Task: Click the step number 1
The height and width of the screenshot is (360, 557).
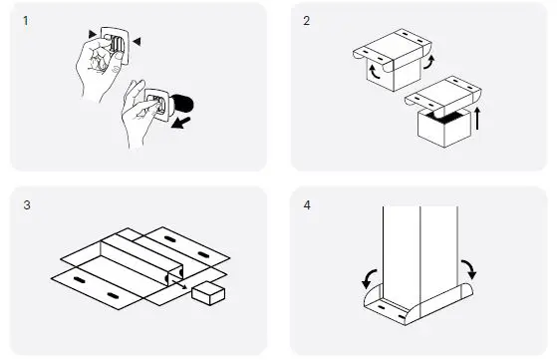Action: click(x=25, y=21)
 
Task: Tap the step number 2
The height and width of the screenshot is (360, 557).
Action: click(x=307, y=21)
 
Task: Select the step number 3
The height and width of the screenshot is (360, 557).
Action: click(x=27, y=205)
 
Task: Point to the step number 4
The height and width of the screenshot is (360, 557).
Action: click(x=307, y=205)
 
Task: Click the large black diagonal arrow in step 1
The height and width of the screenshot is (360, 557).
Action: click(x=180, y=123)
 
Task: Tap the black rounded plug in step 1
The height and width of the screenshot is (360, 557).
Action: click(x=183, y=103)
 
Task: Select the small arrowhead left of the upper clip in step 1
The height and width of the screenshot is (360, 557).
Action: click(x=93, y=34)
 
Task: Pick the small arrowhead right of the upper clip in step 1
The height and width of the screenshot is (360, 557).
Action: click(x=137, y=42)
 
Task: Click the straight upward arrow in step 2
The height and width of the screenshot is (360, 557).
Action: click(x=477, y=119)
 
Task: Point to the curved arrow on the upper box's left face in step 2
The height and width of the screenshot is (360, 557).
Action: click(x=375, y=72)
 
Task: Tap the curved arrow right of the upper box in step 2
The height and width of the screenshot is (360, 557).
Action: click(x=429, y=62)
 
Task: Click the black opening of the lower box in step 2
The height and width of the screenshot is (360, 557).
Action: click(x=444, y=117)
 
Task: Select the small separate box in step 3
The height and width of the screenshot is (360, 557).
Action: click(x=208, y=293)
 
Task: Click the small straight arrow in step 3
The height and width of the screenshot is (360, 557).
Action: click(x=179, y=283)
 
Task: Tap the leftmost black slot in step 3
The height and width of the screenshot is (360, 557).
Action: click(x=79, y=280)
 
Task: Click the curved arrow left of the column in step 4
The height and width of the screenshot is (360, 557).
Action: click(x=369, y=279)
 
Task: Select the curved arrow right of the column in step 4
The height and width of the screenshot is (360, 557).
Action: click(x=469, y=269)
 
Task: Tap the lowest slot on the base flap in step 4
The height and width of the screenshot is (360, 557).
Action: click(x=402, y=317)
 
